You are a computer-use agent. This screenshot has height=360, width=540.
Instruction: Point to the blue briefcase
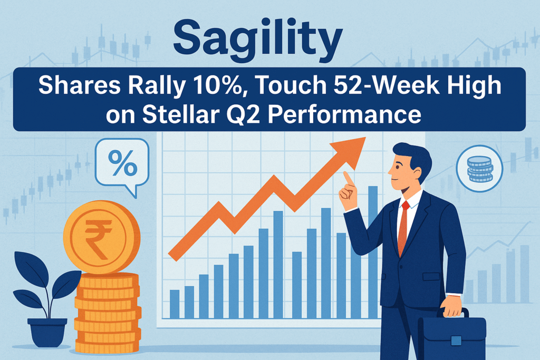pos(451,335)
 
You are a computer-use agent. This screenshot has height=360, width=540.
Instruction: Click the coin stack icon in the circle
pos(479,168)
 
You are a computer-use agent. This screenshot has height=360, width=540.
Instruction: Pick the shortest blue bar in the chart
pos(174,304)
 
